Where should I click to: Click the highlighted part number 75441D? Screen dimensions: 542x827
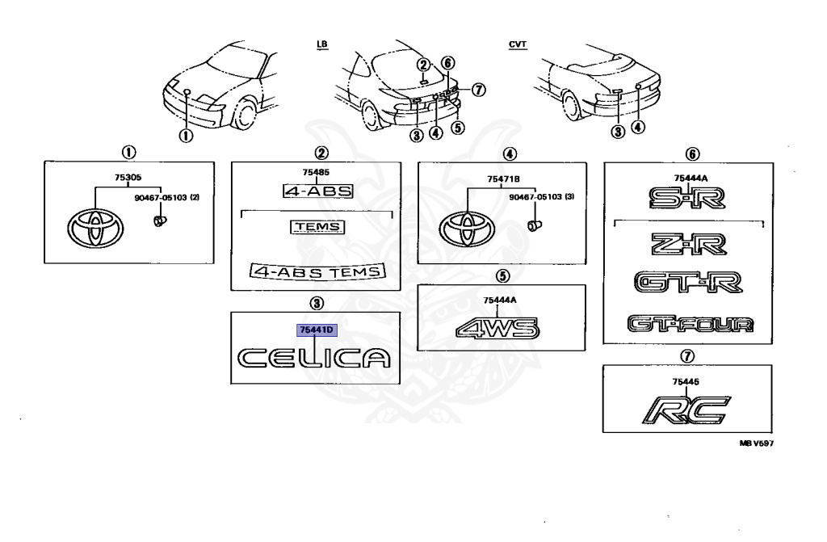point(317,330)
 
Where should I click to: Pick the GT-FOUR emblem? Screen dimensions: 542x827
point(691,324)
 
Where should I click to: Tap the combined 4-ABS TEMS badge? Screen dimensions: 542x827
point(317,271)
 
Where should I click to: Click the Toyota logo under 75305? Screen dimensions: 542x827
point(96,229)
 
